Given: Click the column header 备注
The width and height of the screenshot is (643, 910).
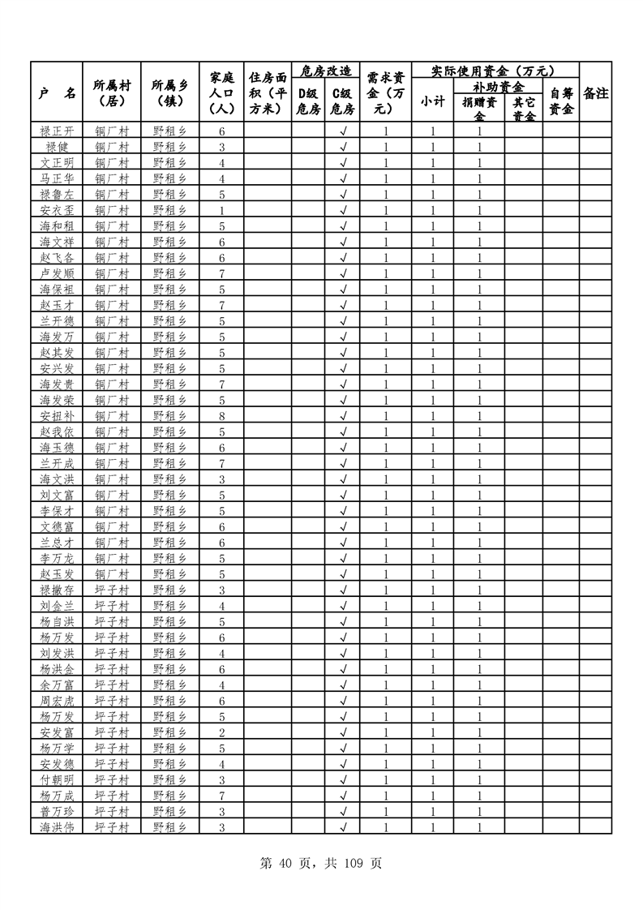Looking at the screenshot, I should [595, 93].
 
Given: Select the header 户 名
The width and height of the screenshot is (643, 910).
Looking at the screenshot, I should [57, 93].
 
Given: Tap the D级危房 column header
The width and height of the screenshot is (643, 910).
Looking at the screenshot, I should [308, 101].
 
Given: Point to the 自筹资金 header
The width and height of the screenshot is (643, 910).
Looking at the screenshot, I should [561, 101].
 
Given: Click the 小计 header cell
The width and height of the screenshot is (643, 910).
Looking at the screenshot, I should [433, 101].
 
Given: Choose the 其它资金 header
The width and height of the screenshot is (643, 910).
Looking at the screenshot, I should [524, 109].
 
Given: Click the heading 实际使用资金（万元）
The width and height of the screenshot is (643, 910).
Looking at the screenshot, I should [495, 71].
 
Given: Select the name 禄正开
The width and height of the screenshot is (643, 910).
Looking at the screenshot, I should [57, 131].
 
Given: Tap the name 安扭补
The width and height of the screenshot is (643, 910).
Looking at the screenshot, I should [57, 415].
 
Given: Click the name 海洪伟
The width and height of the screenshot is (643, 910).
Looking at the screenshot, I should [57, 826].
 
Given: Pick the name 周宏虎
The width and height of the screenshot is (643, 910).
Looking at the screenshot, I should [57, 700].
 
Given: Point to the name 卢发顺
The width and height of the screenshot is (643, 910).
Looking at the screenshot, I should [57, 273].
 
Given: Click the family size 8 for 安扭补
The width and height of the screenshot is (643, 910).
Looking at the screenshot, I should [221, 415].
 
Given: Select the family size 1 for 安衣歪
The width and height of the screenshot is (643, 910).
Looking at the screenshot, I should [221, 210].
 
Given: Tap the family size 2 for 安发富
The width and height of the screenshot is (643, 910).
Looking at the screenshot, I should [221, 732].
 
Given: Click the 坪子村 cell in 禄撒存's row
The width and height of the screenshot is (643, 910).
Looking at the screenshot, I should [112, 590].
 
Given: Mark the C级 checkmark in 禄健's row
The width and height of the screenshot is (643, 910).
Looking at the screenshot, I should [343, 147].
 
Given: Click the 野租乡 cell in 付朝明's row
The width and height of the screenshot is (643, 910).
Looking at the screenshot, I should [169, 779].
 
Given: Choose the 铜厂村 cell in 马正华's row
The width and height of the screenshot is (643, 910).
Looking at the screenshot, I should [112, 178].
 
